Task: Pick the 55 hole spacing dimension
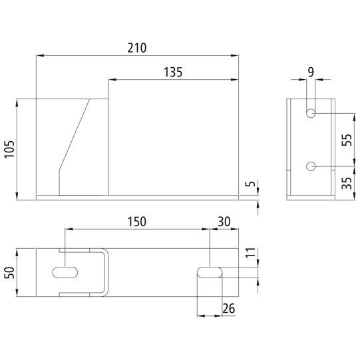(346, 140)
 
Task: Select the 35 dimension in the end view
(346, 182)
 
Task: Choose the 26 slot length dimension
(228, 308)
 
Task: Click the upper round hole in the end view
(311, 114)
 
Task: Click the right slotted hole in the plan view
(210, 272)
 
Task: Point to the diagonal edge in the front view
(75, 133)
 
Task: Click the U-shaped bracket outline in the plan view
(105, 273)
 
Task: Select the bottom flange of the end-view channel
(311, 198)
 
